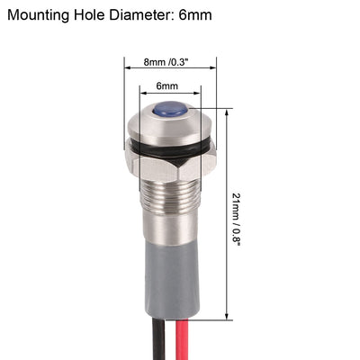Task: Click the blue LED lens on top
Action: point(170,110)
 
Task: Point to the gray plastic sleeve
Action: point(170,270)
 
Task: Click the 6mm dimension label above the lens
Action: point(167,86)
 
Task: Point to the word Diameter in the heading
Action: point(158,15)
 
